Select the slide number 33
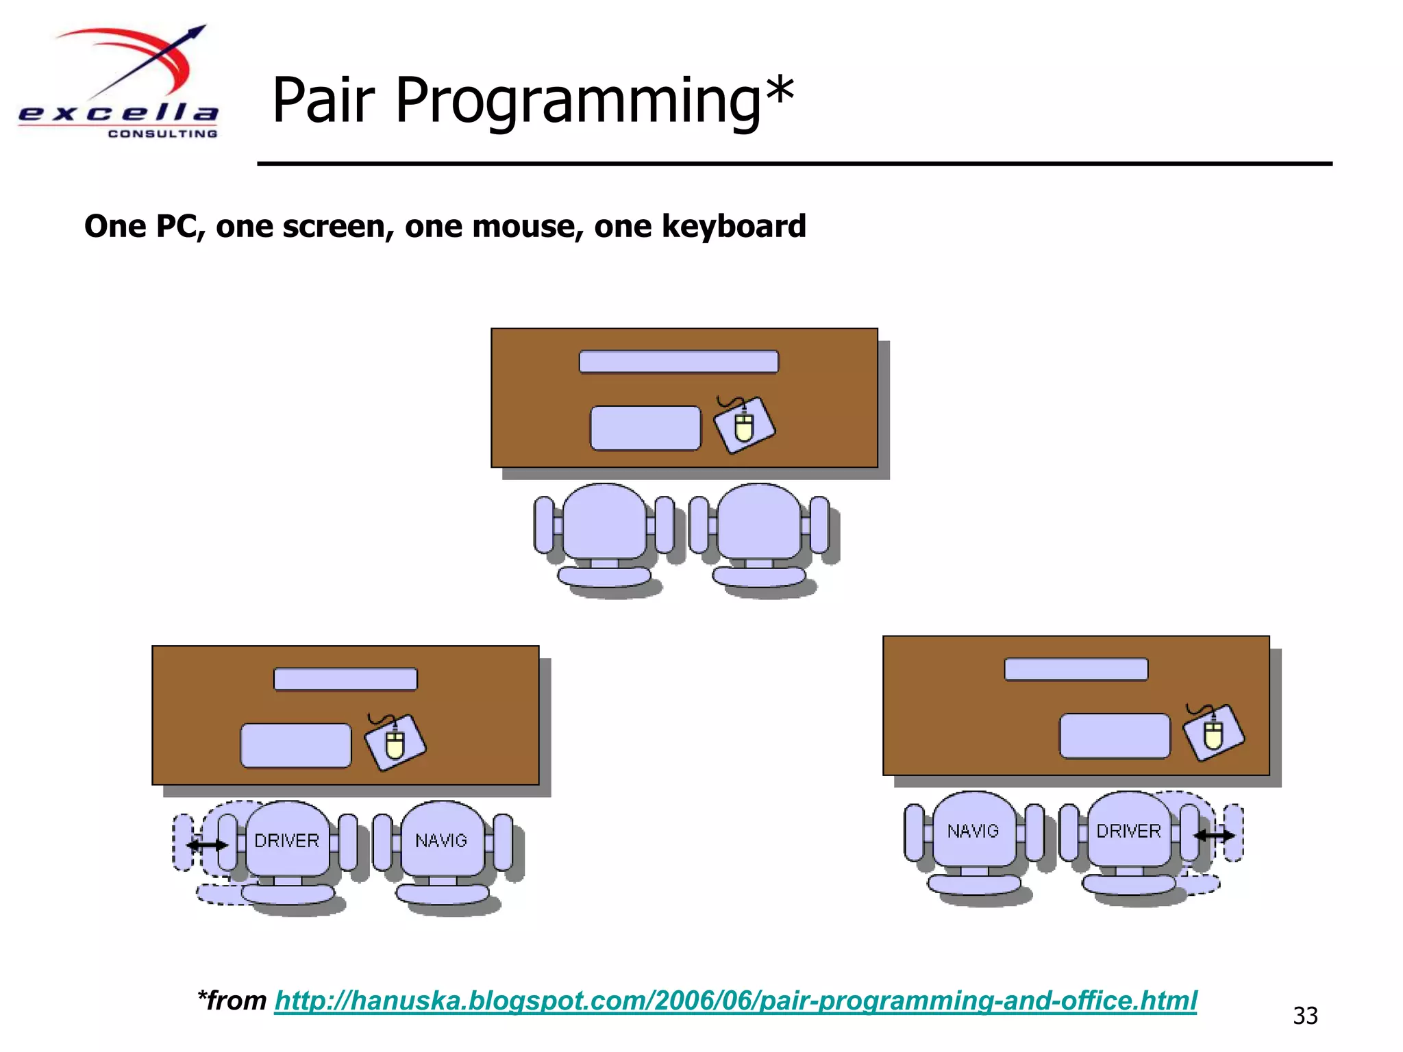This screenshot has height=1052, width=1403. [1304, 1015]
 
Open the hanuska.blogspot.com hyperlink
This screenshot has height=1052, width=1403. [735, 1001]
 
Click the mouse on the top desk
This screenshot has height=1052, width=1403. [745, 425]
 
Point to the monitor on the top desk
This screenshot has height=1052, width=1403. [678, 362]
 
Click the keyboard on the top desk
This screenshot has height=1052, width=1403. [645, 428]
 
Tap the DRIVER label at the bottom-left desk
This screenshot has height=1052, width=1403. [286, 840]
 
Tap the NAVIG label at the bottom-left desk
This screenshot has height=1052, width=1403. [441, 840]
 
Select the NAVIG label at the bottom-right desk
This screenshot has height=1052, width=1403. [973, 831]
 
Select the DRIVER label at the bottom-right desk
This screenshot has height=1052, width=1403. [1128, 831]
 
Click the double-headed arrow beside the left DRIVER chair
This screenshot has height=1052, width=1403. [208, 845]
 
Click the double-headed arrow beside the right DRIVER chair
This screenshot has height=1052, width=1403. [1214, 835]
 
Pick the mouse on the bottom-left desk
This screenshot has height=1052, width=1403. [395, 743]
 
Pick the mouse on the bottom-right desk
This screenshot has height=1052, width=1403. [1213, 734]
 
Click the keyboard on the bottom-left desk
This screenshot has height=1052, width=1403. [295, 745]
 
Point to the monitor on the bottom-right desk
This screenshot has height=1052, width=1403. [1076, 669]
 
